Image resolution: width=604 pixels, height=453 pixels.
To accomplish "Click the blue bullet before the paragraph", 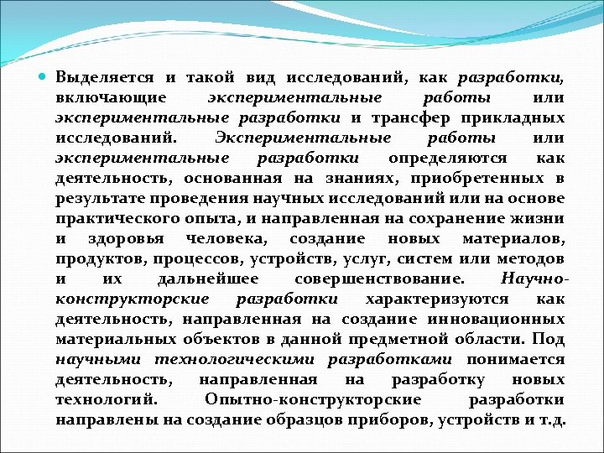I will click(44, 77).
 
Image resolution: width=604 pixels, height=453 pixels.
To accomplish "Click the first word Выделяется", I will click(104, 77).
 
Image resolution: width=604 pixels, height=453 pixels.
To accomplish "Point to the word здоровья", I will click(117, 238).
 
